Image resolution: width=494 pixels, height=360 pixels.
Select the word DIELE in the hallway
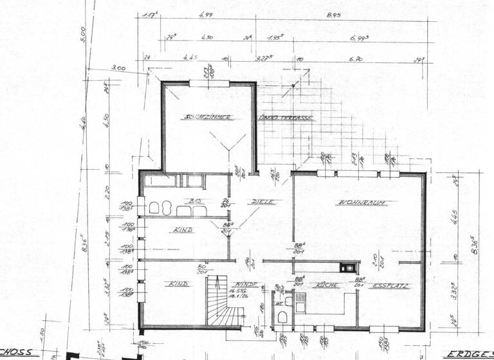click(x=263, y=201)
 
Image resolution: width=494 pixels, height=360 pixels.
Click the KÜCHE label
click(x=322, y=284)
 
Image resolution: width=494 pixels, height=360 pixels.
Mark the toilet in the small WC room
click(x=282, y=317)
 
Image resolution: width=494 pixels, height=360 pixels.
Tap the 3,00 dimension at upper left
click(x=118, y=67)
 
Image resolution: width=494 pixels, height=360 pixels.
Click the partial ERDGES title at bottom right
click(x=469, y=354)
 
